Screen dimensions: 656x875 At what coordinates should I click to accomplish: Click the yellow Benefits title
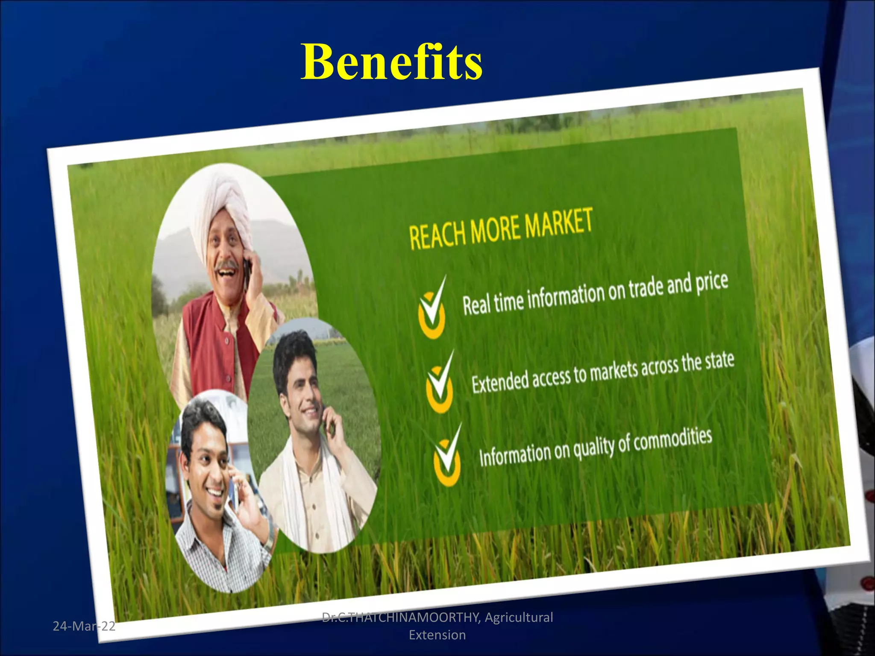391,62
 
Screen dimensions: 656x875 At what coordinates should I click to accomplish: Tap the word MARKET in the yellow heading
558,222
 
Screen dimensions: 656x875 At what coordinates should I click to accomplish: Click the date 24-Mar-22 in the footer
84,626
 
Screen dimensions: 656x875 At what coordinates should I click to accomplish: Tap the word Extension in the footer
437,635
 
